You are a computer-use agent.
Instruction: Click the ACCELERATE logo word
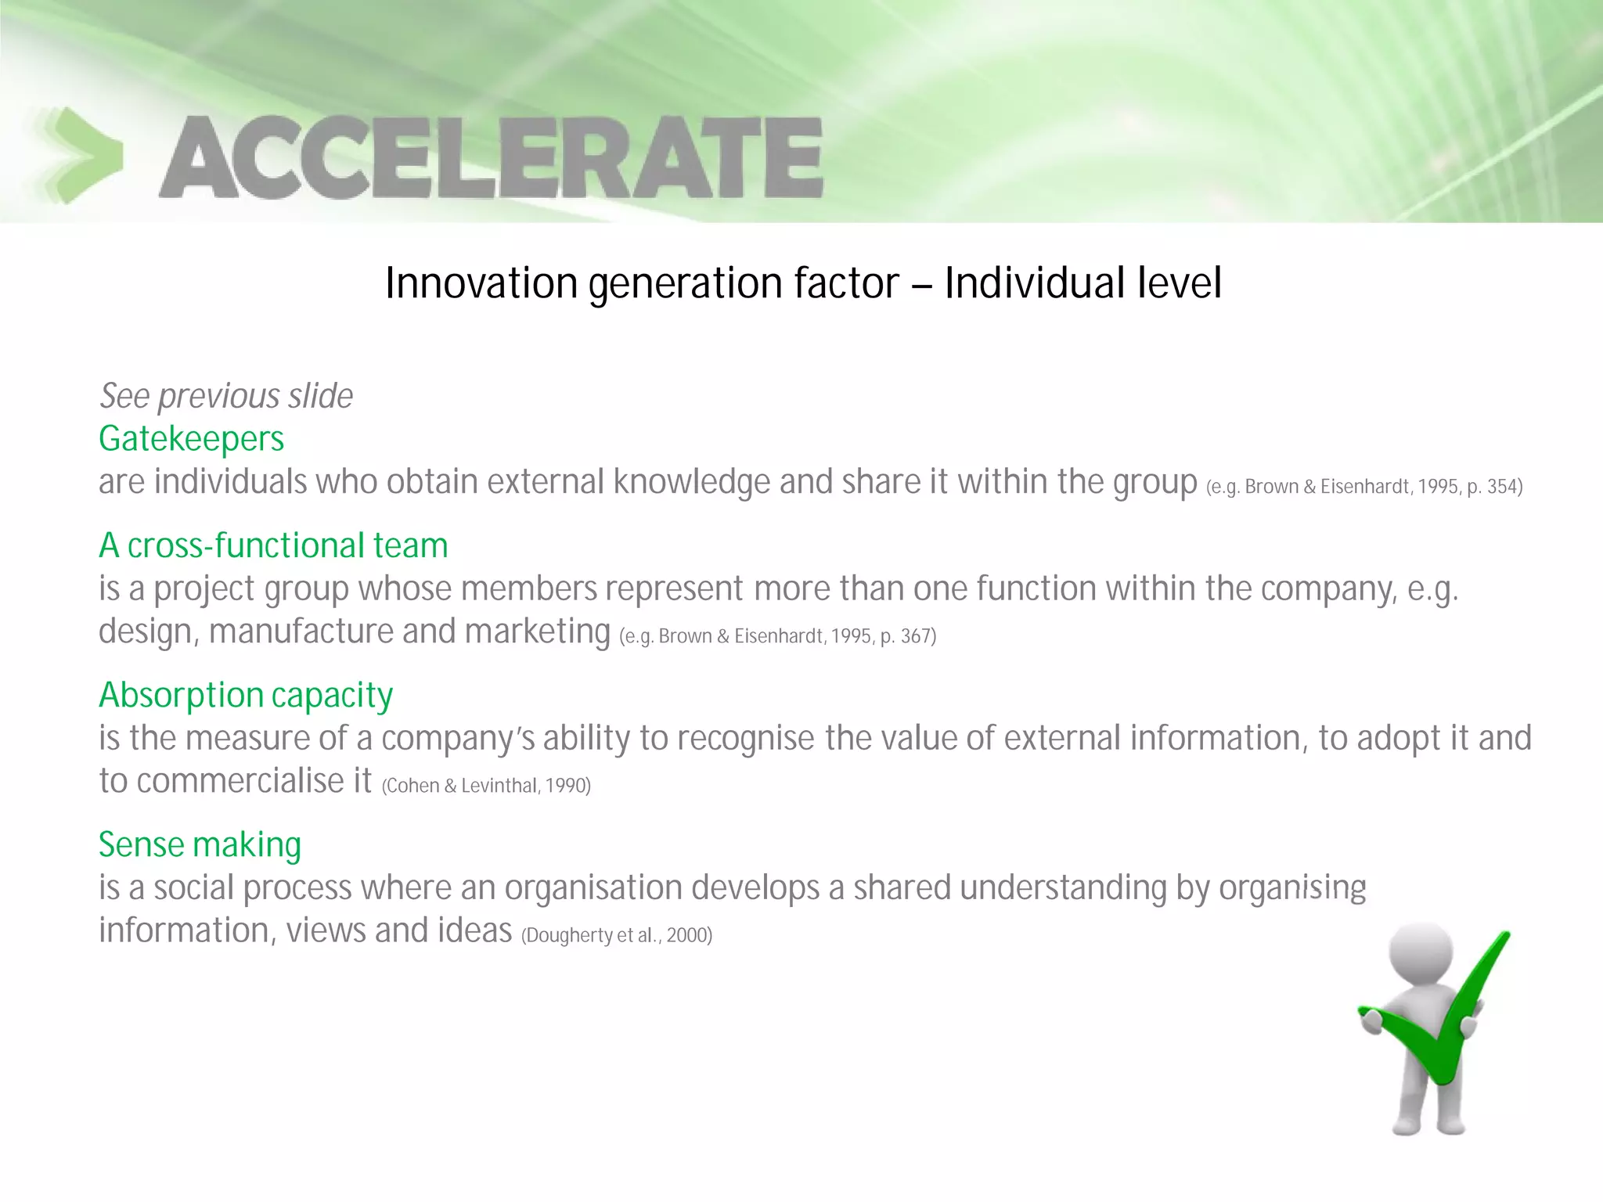[491, 157]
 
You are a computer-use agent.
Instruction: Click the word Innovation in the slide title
[481, 283]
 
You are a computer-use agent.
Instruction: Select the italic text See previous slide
[225, 396]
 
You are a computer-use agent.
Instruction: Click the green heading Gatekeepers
[191, 439]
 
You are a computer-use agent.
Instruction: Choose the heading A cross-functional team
[273, 545]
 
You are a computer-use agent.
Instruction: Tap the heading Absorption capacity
[246, 695]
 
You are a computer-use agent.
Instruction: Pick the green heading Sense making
[200, 844]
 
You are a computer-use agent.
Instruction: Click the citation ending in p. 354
[1363, 487]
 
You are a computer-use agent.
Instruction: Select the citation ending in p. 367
[777, 636]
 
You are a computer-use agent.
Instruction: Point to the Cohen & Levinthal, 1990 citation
[485, 786]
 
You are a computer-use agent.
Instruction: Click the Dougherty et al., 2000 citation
[616, 935]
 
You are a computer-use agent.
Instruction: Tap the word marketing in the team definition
[537, 632]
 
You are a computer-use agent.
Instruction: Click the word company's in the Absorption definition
[457, 738]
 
